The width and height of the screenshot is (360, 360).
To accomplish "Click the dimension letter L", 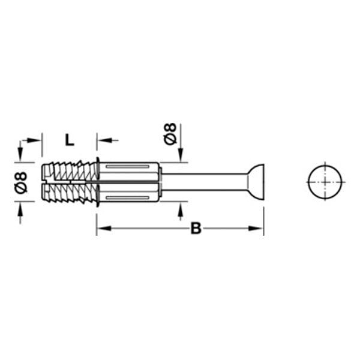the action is (70, 140).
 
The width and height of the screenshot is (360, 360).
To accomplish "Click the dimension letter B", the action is (196, 228).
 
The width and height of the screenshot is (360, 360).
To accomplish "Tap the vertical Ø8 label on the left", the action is (21, 182).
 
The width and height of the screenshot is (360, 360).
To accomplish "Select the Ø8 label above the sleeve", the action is (170, 134).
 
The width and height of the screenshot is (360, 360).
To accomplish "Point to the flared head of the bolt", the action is (256, 182).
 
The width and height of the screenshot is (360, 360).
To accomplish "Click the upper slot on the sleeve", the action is (127, 166).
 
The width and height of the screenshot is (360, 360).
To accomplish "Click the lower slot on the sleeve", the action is (127, 197).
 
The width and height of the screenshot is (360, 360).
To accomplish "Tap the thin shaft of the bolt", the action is (205, 182).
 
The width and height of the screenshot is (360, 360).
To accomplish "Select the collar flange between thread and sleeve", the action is (98, 182).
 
